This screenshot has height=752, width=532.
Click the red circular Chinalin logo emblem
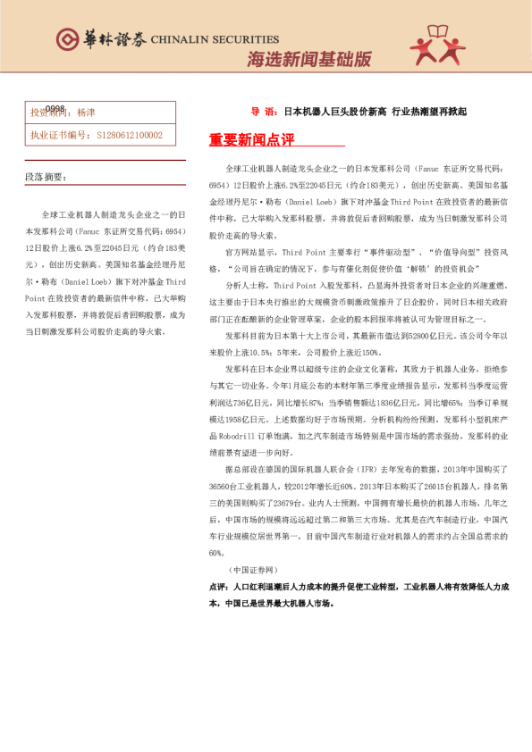tap(67, 38)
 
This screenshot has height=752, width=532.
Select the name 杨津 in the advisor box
tap(87, 113)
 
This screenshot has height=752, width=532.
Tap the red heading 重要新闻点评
tap(251, 140)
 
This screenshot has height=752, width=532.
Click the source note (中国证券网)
tap(253, 570)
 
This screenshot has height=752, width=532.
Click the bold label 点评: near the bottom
tap(218, 587)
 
